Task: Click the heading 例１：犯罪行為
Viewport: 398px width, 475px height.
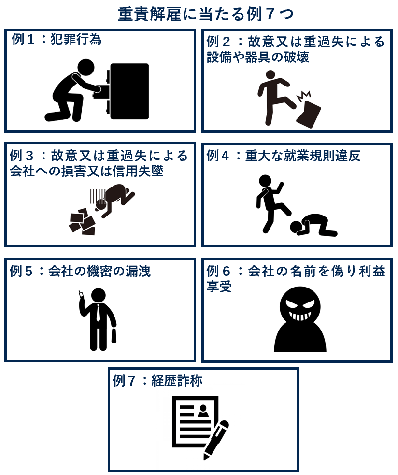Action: tap(57, 40)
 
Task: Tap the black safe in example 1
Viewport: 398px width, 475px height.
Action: tap(129, 91)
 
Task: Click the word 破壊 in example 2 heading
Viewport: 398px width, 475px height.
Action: tap(295, 57)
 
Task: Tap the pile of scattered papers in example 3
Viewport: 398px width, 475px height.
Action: tap(83, 222)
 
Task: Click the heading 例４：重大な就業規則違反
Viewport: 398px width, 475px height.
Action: tap(284, 156)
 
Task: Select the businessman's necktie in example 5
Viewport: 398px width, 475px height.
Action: tap(98, 313)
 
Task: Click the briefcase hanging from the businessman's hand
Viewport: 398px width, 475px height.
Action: tap(114, 334)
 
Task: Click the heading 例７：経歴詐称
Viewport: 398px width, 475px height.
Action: tap(157, 381)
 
